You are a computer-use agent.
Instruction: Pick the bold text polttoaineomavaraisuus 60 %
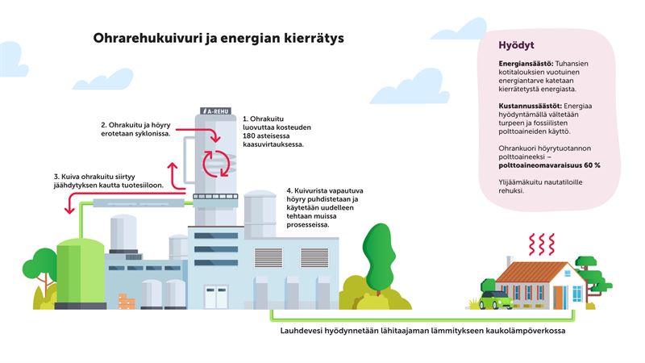tap(549, 165)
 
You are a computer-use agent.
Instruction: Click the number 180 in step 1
tap(249, 136)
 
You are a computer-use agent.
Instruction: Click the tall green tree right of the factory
tap(377, 250)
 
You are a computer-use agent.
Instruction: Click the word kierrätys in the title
tap(314, 38)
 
